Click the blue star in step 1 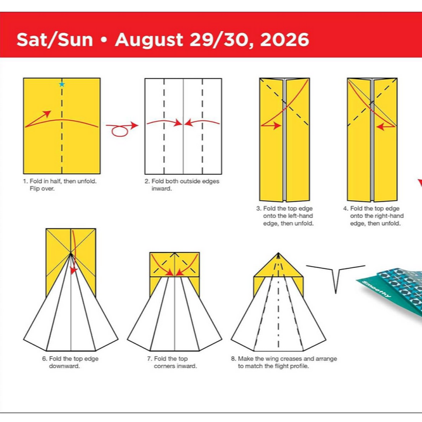point(61,84)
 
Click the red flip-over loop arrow point(120,130)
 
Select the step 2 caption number point(147,182)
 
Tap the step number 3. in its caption point(259,209)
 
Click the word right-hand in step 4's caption point(384,216)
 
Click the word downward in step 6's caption point(64,366)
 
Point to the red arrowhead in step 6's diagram point(73,270)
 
